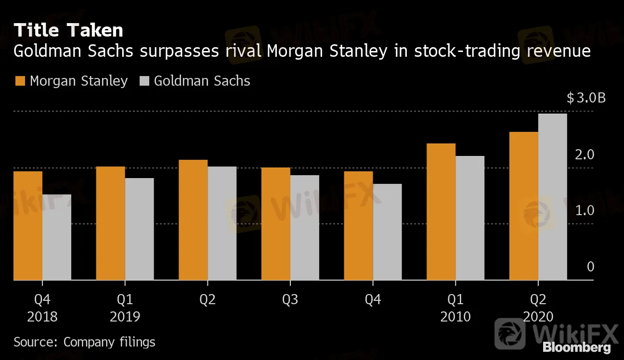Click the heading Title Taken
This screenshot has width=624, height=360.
(68, 30)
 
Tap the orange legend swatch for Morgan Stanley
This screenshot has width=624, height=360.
(20, 81)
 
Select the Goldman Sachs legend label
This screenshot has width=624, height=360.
(202, 81)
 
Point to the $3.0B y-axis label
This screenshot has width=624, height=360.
(586, 98)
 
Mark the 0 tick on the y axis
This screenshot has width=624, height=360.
(591, 267)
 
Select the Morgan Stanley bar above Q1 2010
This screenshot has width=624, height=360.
(441, 211)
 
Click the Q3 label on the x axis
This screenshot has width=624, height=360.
(290, 300)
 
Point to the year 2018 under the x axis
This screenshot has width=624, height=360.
(42, 317)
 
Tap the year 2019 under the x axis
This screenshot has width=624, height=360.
(125, 317)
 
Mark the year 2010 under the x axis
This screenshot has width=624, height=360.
(455, 317)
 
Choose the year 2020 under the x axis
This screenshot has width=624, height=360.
(538, 317)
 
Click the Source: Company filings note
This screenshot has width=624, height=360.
(84, 342)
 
